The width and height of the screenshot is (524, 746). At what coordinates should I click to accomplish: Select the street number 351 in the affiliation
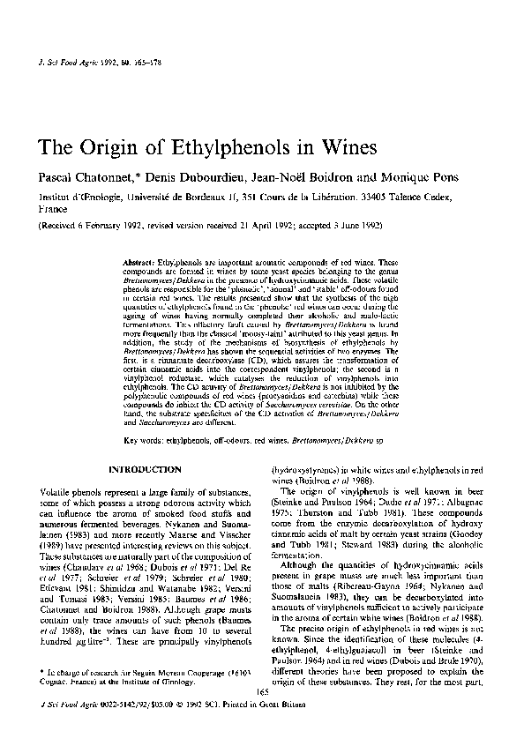click(232, 198)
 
